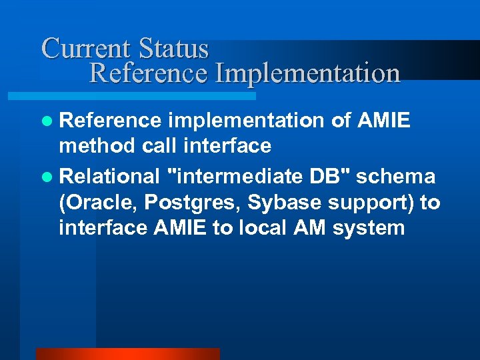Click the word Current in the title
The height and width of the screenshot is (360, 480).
tap(87, 49)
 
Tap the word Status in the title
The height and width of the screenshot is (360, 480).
tap(174, 49)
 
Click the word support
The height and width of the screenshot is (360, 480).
tap(361, 202)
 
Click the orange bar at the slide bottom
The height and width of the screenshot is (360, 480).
tap(127, 353)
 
